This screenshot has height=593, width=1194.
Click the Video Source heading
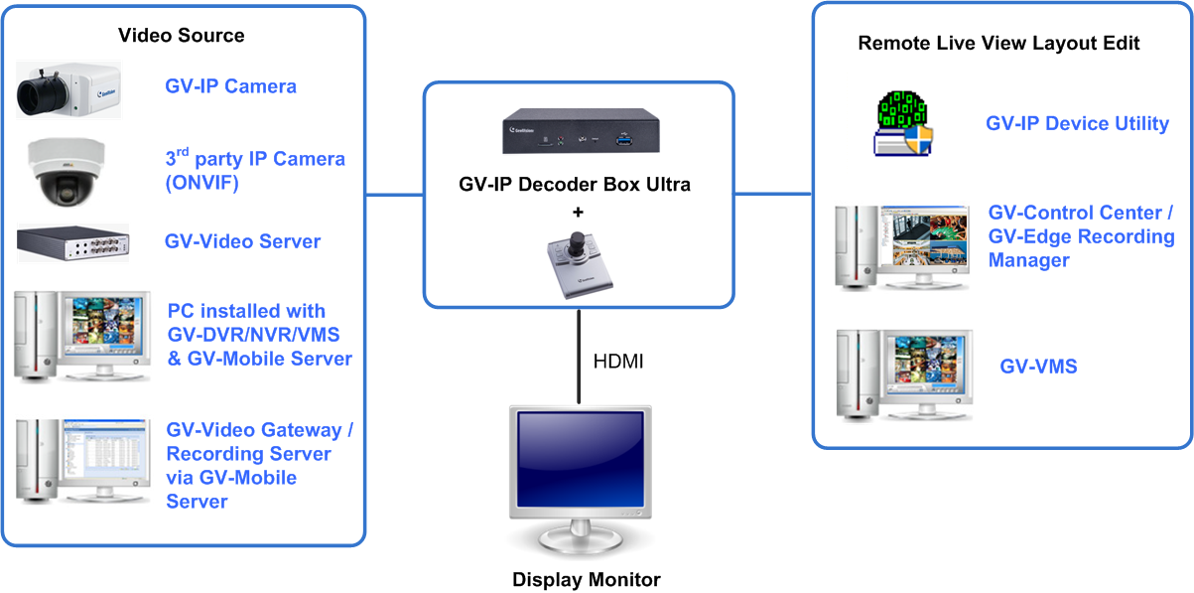point(181,36)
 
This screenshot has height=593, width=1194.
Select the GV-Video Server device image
point(72,242)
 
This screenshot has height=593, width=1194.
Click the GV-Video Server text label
point(242,241)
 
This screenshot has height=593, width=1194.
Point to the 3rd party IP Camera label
point(254,171)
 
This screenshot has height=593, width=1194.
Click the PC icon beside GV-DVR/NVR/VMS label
point(81,336)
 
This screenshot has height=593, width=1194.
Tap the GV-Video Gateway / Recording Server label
point(258,465)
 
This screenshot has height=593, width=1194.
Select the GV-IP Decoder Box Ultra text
point(579,185)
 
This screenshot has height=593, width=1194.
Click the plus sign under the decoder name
point(579,211)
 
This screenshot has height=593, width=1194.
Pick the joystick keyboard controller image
point(580,261)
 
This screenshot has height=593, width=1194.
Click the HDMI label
point(617,362)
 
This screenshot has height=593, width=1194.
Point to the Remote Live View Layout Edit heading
point(998,44)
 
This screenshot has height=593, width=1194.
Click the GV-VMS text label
point(1038,367)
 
